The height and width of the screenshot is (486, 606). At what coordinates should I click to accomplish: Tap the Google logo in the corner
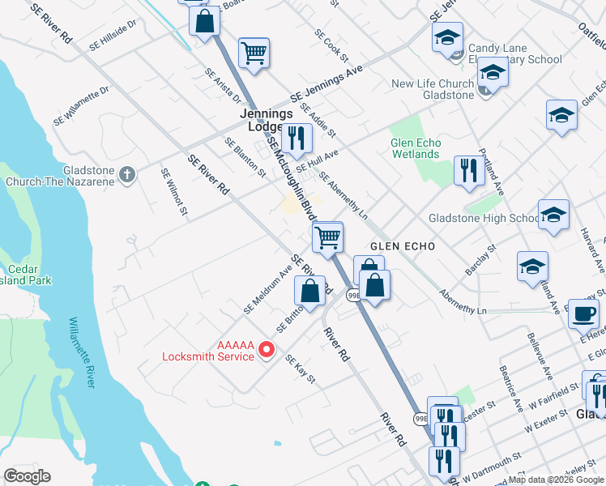[x=27, y=476]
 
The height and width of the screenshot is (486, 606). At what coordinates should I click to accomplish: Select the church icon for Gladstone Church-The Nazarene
[x=126, y=173]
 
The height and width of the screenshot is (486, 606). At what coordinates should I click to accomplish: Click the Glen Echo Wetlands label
[x=415, y=148]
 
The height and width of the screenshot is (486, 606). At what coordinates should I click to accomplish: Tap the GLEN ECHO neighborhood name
[x=403, y=245]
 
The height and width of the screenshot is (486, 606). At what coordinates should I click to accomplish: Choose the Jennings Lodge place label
[x=266, y=121]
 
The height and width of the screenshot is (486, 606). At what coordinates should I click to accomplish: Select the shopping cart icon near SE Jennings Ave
[x=254, y=53]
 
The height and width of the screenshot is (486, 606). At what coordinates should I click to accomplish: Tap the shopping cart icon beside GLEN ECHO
[x=328, y=237]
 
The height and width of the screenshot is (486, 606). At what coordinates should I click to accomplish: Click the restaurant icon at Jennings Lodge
[x=297, y=139]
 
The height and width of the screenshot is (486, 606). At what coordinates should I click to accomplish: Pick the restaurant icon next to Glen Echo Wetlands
[x=469, y=171]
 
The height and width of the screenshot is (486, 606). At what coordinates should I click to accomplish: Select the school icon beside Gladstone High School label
[x=554, y=215]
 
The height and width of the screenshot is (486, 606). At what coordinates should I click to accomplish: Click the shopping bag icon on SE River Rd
[x=309, y=289]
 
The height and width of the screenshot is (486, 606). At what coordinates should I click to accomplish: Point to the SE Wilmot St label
[x=173, y=193]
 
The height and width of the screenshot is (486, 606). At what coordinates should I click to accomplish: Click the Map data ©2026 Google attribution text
[x=556, y=480]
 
